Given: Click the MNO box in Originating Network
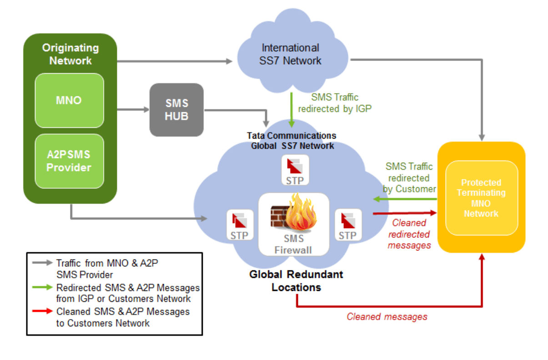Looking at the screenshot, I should coord(69,100).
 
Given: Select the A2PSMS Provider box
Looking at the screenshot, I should coord(69,161).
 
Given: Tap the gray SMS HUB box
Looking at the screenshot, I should coord(176,110).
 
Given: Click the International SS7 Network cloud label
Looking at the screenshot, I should coord(291,54).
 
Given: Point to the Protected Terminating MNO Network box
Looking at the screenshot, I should coord(481,198).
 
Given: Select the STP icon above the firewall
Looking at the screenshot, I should coord(295,170).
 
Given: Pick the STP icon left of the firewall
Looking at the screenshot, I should coord(239,225).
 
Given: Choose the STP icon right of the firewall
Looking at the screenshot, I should coord(347,225).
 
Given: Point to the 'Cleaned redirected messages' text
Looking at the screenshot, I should coord(409,234).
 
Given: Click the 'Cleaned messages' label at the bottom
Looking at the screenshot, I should coord(387,317).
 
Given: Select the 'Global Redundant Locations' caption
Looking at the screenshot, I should coord(296,281).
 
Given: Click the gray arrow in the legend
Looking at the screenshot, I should coord(42,263).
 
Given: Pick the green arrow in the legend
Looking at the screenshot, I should coord(42,287).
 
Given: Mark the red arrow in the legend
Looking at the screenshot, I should coord(42,312).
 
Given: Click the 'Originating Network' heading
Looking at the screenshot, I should coord(70,54).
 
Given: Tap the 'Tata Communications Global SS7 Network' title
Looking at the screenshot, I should coord(292,141).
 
